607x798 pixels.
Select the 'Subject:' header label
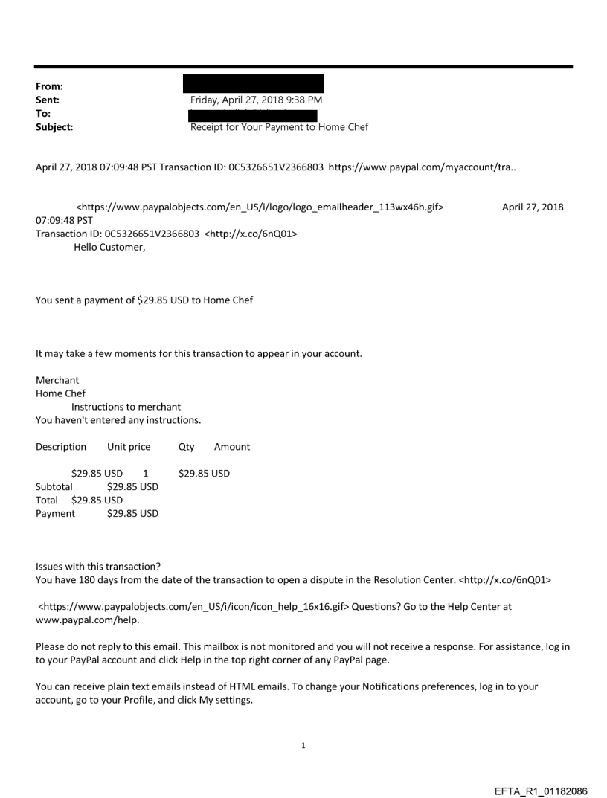[x=54, y=127]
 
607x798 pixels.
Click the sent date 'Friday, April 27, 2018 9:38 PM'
[x=256, y=100]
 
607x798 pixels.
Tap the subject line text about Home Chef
[x=279, y=127]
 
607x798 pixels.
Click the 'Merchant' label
[x=57, y=380]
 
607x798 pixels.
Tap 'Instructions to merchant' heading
[x=126, y=407]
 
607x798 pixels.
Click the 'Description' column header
[x=61, y=447]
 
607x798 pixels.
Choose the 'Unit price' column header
[x=129, y=447]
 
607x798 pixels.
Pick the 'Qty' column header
[x=186, y=447]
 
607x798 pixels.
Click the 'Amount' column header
[x=232, y=447]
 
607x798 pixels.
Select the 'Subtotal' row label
[x=54, y=486]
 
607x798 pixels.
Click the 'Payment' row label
[x=56, y=513]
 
